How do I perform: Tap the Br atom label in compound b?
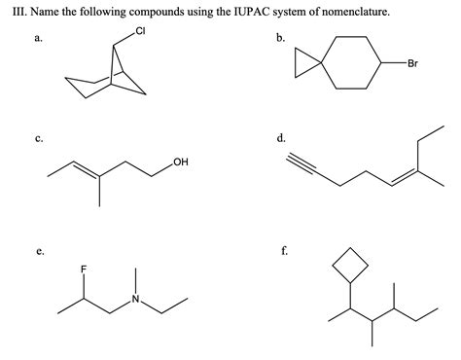(x=412, y=64)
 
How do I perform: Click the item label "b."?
(x=281, y=41)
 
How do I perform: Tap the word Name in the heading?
(x=44, y=12)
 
